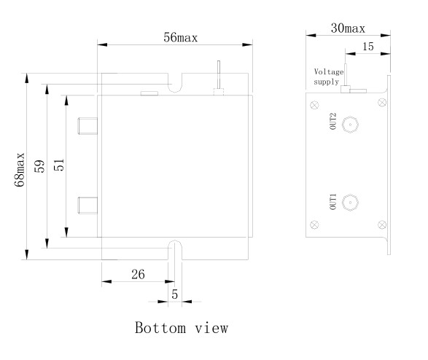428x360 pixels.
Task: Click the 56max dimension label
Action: pos(180,37)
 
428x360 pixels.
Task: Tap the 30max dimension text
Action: pos(348,28)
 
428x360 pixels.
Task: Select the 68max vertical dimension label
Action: pos(20,170)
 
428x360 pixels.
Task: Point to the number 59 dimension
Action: pos(39,166)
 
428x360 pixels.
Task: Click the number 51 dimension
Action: pos(59,165)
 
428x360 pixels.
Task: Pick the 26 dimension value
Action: pos(138,274)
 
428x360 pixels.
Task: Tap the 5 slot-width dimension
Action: pos(175,294)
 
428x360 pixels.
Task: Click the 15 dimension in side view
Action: pos(368,47)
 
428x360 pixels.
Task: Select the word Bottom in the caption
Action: pos(160,327)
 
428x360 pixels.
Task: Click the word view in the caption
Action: pos(211,328)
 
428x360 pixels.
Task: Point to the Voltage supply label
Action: pos(328,77)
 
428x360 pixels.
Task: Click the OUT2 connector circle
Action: pos(350,125)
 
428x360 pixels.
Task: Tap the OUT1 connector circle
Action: pos(350,203)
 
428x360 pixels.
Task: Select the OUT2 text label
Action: pos(333,121)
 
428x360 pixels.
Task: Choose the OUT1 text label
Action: pos(333,202)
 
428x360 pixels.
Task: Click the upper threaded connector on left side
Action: pos(87,126)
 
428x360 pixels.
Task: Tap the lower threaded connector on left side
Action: pos(87,206)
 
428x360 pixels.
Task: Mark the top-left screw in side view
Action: pos(315,105)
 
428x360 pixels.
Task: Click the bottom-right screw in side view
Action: pos(382,224)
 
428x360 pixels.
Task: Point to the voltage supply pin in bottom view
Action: pos(219,78)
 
